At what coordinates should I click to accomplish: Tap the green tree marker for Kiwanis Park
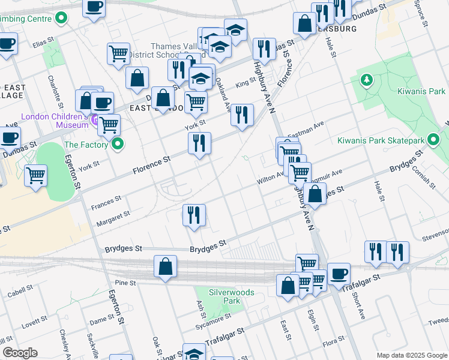pyautogui.click(x=366, y=80)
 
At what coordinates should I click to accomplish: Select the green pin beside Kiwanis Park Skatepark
pyautogui.click(x=433, y=140)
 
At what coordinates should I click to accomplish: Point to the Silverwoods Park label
pyautogui.click(x=231, y=296)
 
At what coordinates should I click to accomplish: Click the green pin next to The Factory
pyautogui.click(x=118, y=144)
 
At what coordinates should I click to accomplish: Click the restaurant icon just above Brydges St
pyautogui.click(x=194, y=215)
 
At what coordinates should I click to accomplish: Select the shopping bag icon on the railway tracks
pyautogui.click(x=165, y=267)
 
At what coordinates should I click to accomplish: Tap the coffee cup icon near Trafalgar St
pyautogui.click(x=339, y=274)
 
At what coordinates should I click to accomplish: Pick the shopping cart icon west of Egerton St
pyautogui.click(x=36, y=176)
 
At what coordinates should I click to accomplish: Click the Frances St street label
pyautogui.click(x=106, y=201)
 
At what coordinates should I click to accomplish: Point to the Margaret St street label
pyautogui.click(x=113, y=218)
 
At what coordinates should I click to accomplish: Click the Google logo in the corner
pyautogui.click(x=20, y=353)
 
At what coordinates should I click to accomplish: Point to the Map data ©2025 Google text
pyautogui.click(x=411, y=355)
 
